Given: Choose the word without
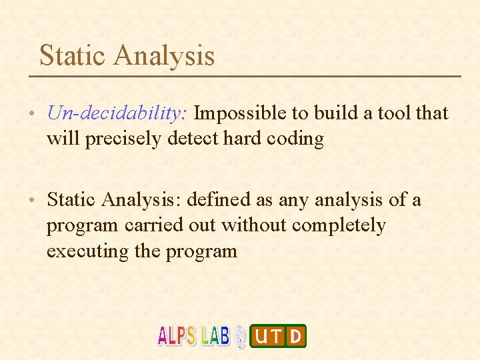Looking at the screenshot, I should [251, 226].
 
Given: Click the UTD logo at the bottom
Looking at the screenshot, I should [278, 336].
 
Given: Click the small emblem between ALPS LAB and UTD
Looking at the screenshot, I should [240, 336].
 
